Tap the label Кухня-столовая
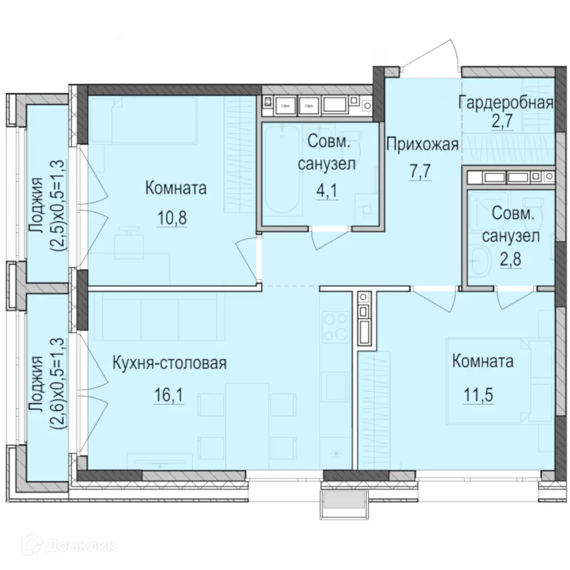click(x=169, y=363)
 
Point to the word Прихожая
click(x=422, y=145)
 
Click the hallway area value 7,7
click(x=422, y=173)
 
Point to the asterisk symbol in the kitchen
click(x=336, y=454)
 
